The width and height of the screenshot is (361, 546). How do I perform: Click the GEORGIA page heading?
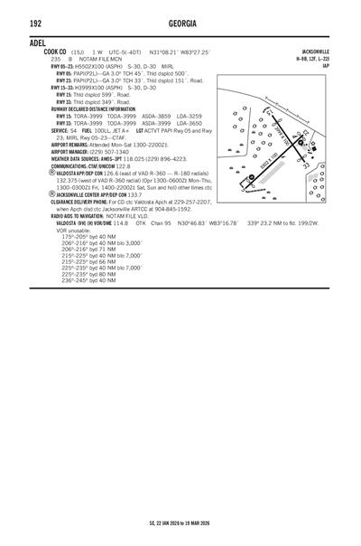[180, 22]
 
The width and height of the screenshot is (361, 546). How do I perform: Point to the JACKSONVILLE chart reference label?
[322, 53]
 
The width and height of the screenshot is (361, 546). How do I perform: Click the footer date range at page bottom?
[180, 522]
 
